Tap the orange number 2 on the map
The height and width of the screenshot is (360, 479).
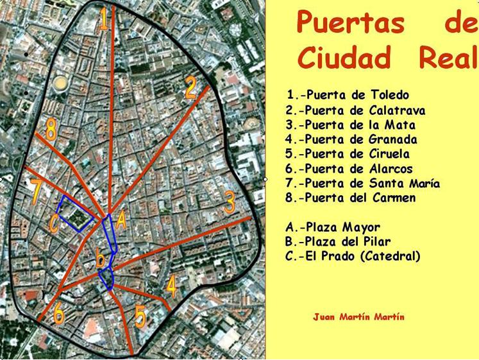click(190, 87)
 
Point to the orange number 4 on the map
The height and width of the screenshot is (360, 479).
click(171, 286)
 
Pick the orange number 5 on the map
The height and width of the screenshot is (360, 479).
click(140, 316)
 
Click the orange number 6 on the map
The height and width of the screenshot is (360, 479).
click(58, 314)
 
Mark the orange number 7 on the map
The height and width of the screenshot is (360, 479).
click(36, 191)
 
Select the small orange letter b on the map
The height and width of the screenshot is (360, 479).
click(100, 259)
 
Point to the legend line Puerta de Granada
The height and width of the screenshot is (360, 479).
click(352, 139)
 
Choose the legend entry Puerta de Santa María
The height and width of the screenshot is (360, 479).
click(363, 184)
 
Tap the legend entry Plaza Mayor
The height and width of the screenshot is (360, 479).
click(333, 227)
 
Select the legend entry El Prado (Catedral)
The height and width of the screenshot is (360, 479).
click(353, 256)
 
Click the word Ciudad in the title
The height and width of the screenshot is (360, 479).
click(344, 58)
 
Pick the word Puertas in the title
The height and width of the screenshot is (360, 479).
click(351, 23)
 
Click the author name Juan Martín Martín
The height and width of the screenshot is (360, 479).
click(358, 317)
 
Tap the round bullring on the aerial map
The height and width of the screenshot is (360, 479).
click(60, 83)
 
